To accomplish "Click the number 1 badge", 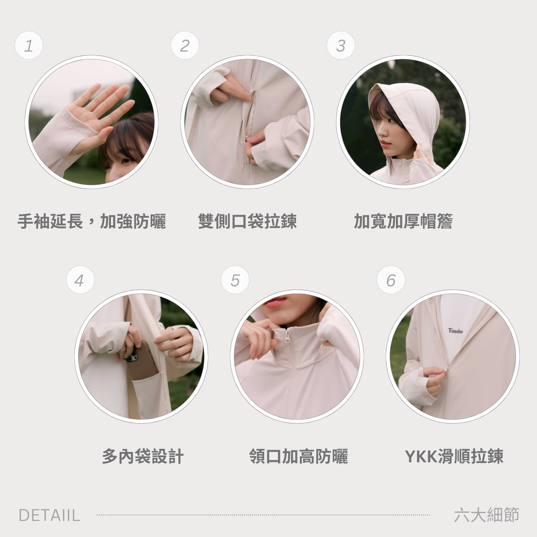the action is point(29,45).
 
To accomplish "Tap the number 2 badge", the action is point(185,45).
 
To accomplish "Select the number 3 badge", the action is point(341,45).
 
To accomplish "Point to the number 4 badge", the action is point(80,280).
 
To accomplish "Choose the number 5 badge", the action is point(235,280).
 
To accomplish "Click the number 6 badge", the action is point(391,280).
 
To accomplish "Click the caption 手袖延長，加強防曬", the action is point(92,222).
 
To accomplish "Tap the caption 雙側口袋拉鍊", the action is point(247,222).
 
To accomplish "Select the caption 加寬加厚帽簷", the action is point(403,222).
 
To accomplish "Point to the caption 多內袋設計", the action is point(143,456).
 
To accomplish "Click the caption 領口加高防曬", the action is point(298,456).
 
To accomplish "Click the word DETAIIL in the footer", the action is point(49,515).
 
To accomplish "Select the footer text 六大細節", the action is point(486,515).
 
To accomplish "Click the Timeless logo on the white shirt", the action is point(456,331).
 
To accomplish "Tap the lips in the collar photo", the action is point(275,303).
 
